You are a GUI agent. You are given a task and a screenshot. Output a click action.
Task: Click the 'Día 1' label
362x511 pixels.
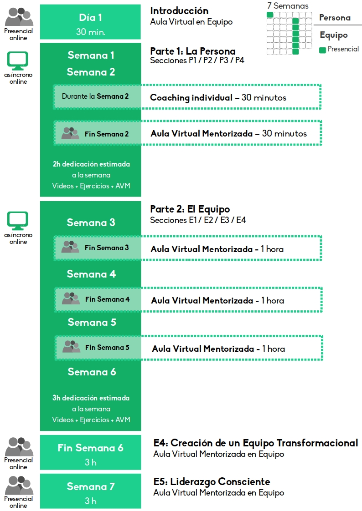click(x=90, y=17)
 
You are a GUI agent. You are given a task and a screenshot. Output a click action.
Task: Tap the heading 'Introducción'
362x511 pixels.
click(x=179, y=11)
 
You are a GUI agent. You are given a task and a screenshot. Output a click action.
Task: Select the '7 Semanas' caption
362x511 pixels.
click(x=288, y=5)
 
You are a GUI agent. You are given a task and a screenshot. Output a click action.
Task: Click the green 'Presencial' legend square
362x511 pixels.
click(x=322, y=50)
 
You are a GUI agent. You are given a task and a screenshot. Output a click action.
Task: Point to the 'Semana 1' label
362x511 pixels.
click(x=91, y=55)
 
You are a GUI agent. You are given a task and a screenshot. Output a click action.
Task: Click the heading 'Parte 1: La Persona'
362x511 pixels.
click(x=192, y=51)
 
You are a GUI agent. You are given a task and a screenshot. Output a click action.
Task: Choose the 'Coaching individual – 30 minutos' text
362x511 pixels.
click(x=218, y=97)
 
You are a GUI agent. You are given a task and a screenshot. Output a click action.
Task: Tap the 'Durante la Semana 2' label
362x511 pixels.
click(x=95, y=96)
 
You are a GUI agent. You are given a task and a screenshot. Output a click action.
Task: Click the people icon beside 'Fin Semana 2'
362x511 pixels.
click(x=70, y=133)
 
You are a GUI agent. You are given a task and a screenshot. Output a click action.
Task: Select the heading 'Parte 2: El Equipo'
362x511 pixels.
click(x=190, y=209)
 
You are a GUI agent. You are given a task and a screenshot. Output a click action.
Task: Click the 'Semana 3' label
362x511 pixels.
click(x=91, y=222)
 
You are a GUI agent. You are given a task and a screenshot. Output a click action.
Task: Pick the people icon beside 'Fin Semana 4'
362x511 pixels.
click(x=71, y=298)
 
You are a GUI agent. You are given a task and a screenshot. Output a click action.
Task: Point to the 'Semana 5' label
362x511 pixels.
click(x=92, y=322)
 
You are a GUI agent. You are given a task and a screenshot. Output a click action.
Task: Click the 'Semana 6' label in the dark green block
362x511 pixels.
click(x=92, y=371)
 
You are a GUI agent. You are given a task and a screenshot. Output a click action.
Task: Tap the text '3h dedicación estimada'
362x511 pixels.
click(x=91, y=398)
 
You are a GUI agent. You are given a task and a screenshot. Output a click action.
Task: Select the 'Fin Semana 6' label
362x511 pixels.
click(x=90, y=448)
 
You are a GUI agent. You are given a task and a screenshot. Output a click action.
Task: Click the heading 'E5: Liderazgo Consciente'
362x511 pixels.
click(x=212, y=481)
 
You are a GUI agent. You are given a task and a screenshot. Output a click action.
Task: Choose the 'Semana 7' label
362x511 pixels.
click(x=91, y=486)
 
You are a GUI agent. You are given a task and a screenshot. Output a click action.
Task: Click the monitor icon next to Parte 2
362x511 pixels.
click(x=18, y=221)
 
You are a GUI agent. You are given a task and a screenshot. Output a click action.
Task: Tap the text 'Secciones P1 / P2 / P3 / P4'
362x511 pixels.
click(x=197, y=60)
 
